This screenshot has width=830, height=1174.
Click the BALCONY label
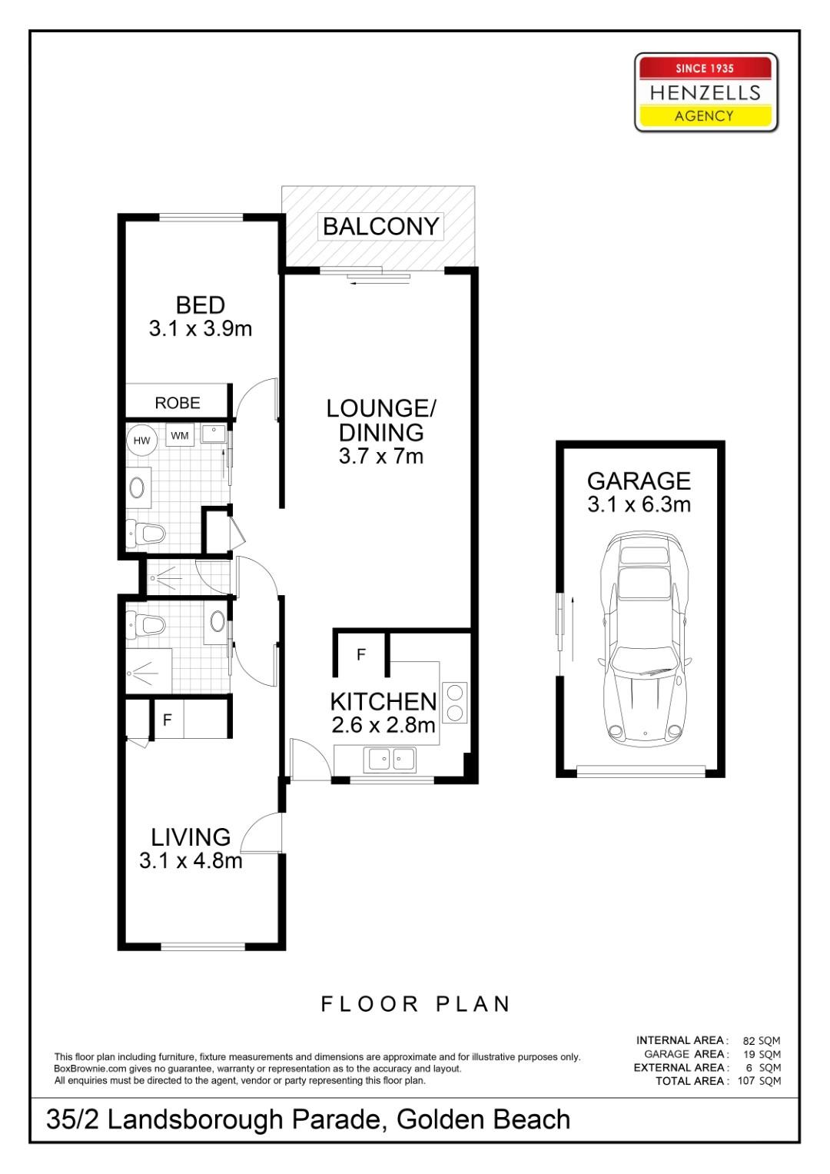point(380,227)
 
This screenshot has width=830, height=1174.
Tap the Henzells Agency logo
point(705,92)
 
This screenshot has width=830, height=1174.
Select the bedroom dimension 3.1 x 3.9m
point(201,329)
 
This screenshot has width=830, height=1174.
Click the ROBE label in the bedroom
point(178,403)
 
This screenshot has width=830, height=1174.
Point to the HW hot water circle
point(141,441)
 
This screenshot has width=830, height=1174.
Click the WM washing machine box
point(180,436)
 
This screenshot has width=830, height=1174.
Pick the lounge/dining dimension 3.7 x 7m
point(381,456)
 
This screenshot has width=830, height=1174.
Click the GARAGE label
point(639,481)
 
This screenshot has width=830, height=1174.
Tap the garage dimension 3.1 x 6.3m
point(639,504)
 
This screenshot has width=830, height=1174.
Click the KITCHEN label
point(383,701)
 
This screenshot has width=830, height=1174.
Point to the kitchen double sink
point(391,760)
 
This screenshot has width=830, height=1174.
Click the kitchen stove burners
point(454,702)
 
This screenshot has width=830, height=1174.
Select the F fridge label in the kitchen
point(360,655)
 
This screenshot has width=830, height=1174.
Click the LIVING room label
point(191,836)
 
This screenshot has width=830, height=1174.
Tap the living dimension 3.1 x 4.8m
point(191,860)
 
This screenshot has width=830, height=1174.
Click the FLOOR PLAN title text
point(415,1004)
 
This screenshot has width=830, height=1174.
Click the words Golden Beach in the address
point(483,1120)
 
